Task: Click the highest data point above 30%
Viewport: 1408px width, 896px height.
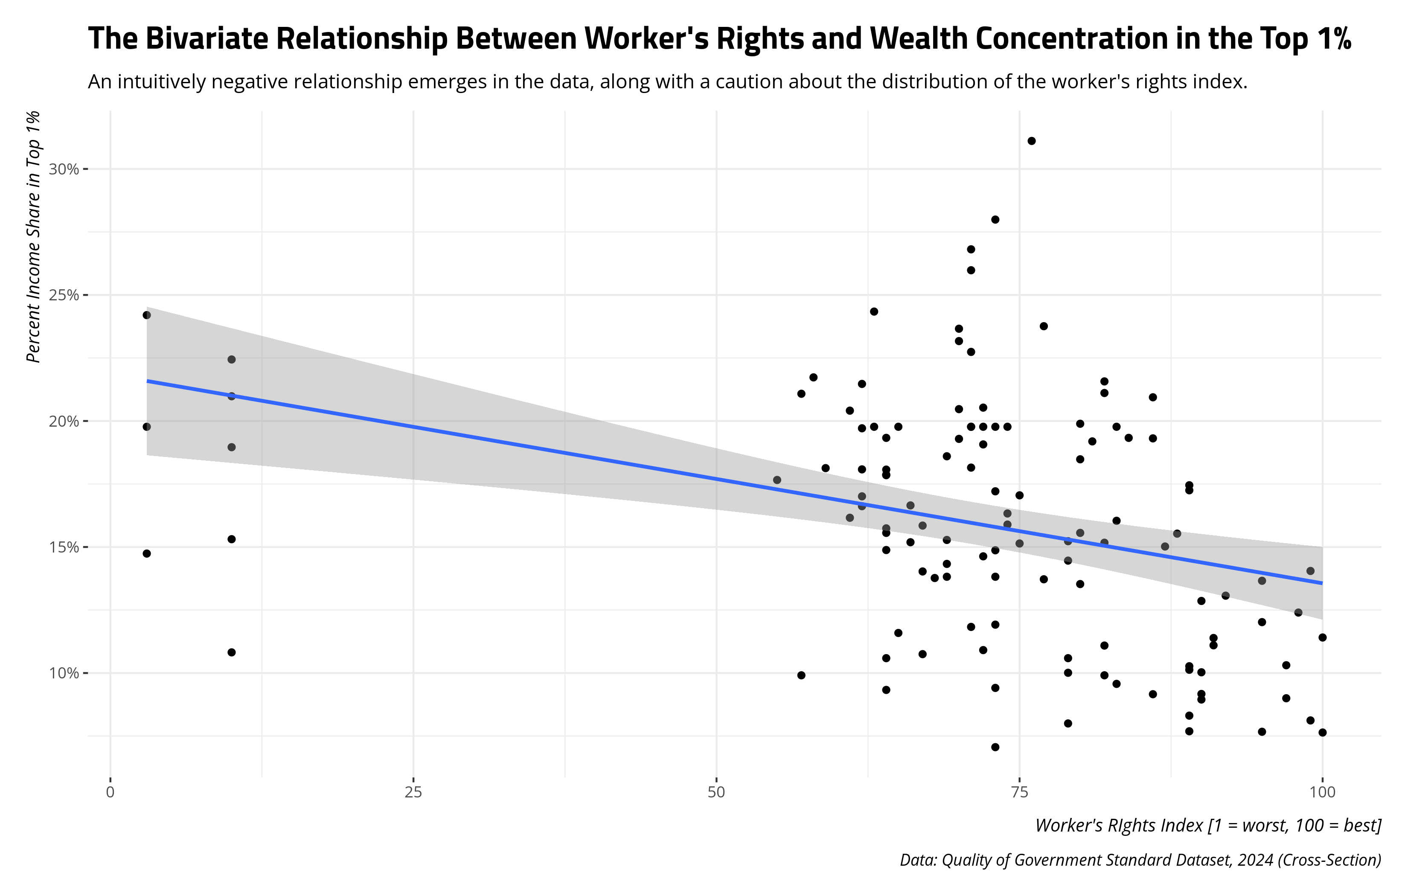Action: (x=1031, y=141)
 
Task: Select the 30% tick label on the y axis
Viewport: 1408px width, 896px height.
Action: (x=63, y=170)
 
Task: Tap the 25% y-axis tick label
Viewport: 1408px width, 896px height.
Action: (x=63, y=295)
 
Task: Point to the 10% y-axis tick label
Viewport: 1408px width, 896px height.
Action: (x=63, y=673)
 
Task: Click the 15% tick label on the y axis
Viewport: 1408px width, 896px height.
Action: (x=63, y=547)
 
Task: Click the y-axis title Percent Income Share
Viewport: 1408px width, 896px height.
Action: (x=34, y=236)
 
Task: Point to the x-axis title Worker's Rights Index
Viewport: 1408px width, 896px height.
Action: (x=1208, y=825)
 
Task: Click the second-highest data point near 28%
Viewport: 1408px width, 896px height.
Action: (x=995, y=219)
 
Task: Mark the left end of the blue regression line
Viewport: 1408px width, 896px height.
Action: (x=147, y=381)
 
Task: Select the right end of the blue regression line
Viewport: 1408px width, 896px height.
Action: (x=1322, y=583)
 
